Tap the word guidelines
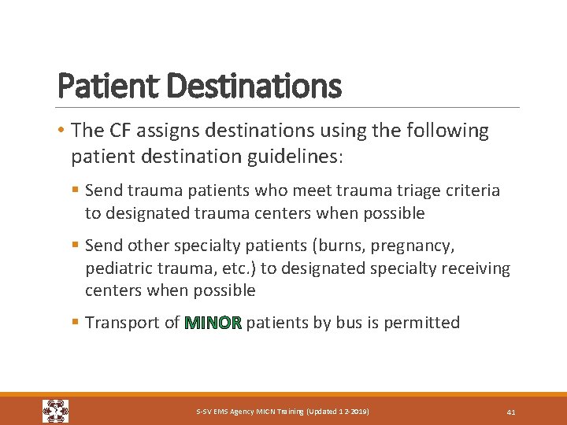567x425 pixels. [x=297, y=156]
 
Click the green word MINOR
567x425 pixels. [x=213, y=323]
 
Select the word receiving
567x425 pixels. [x=472, y=268]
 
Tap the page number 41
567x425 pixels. [x=511, y=412]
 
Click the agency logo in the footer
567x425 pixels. [x=55, y=411]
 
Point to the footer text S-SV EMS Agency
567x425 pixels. [x=228, y=412]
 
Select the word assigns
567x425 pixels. [x=172, y=131]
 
